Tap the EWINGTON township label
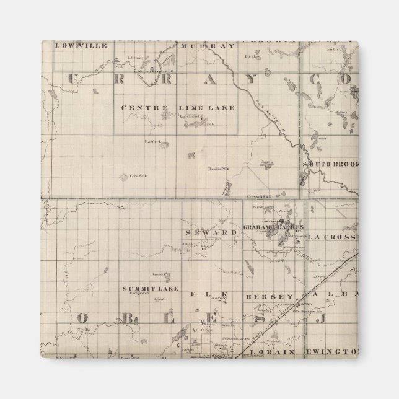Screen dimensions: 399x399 [x=335, y=350]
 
